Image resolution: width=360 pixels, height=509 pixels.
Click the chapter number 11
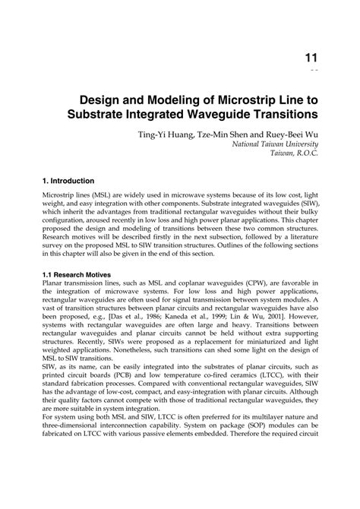pos(312,57)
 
